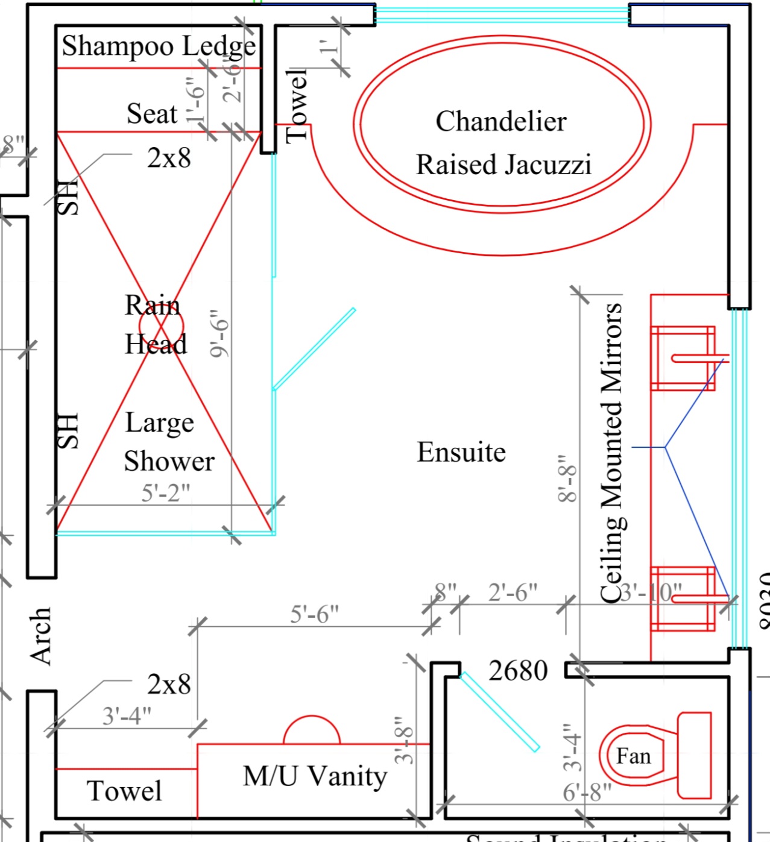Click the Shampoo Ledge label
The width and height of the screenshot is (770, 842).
(x=159, y=46)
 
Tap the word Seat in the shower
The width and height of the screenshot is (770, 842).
(x=152, y=113)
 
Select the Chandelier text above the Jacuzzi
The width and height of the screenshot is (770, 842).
(x=501, y=121)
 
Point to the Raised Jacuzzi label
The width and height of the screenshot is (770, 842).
(x=503, y=165)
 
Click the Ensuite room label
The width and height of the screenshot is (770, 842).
(x=461, y=452)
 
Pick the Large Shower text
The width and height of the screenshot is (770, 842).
(x=169, y=442)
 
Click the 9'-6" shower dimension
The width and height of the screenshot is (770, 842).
(x=221, y=333)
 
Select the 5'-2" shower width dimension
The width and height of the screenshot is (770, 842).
(x=165, y=493)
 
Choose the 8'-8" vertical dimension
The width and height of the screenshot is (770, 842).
(x=568, y=479)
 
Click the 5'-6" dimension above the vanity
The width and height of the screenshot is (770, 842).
(x=314, y=615)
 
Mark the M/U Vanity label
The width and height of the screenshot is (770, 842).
(x=315, y=776)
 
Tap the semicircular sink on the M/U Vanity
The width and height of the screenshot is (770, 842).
(x=312, y=731)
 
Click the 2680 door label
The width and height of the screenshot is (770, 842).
(x=518, y=671)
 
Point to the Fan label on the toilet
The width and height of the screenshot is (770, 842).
(x=633, y=756)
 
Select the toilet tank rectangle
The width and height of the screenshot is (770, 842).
(x=695, y=755)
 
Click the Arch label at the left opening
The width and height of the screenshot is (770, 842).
(x=41, y=636)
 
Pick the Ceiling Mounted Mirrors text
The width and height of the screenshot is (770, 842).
(x=611, y=453)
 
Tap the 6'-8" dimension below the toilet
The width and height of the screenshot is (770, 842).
(x=587, y=792)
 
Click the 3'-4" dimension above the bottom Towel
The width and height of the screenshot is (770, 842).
(x=127, y=716)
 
